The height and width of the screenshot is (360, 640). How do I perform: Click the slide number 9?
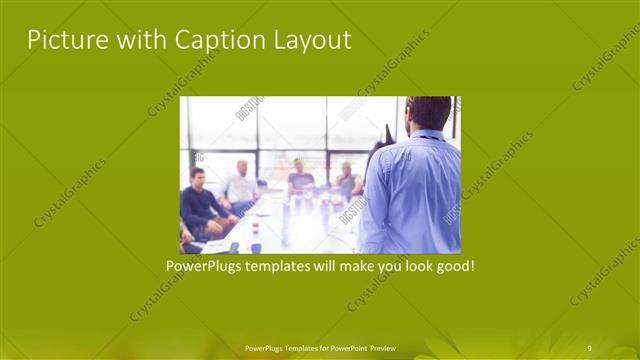click(589, 347)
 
